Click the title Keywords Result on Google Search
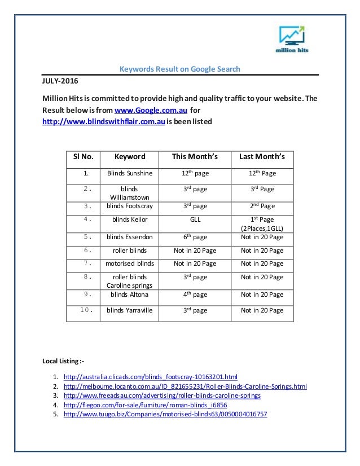[180, 69]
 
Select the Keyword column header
[130, 157]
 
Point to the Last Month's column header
[262, 157]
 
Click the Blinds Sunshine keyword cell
[130, 174]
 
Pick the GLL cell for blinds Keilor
[195, 219]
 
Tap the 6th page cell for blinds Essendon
[195, 237]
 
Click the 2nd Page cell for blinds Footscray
[262, 206]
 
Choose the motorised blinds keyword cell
[130, 263]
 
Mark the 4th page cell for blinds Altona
[195, 294]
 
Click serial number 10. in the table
[84, 310]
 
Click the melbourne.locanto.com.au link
[185, 386]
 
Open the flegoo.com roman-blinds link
[146, 405]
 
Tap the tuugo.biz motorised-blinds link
[165, 415]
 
